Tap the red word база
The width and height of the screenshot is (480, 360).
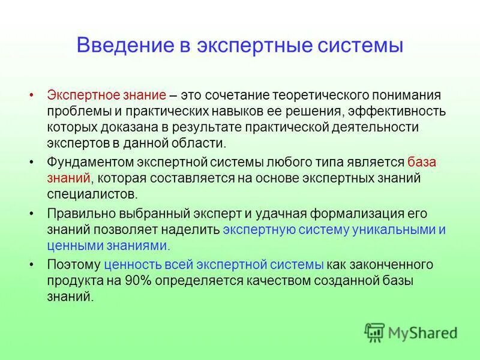422,162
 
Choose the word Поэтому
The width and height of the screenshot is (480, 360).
73,265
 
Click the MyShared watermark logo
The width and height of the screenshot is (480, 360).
410,332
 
